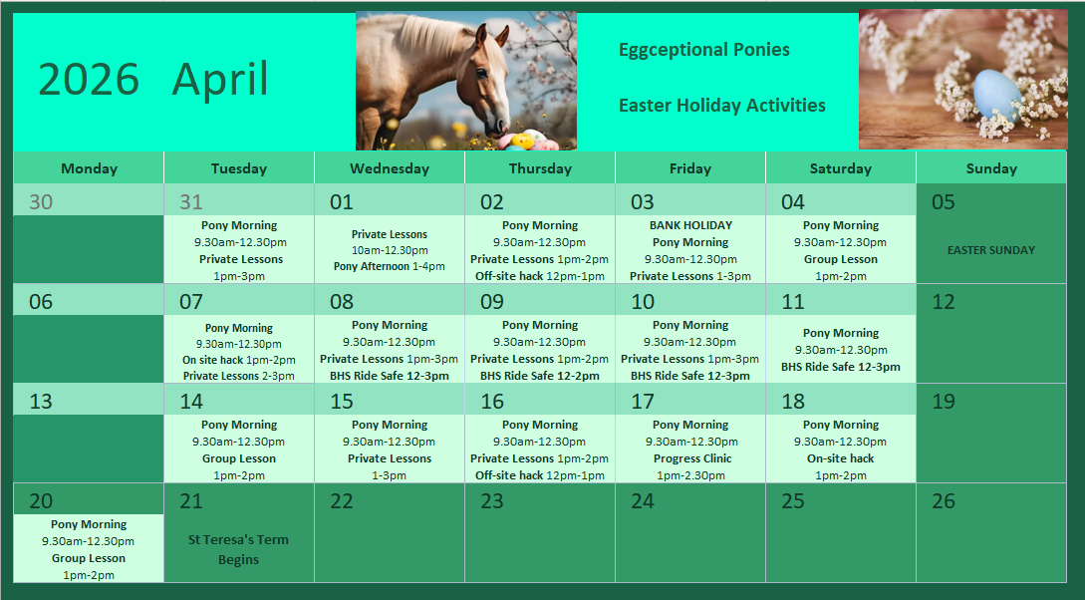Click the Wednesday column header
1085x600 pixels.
coord(390,168)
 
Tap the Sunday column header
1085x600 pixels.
coord(991,168)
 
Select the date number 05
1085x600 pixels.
coord(944,202)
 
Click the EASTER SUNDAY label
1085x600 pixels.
coord(991,250)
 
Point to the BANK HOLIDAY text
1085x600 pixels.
coord(690,225)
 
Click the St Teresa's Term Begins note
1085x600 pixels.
coord(239,549)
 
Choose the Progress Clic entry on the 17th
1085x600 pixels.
coord(692,458)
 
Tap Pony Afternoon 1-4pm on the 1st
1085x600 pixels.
coord(389,266)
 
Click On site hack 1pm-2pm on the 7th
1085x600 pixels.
coord(239,360)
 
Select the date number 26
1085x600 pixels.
coord(944,501)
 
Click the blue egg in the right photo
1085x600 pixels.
coord(997,95)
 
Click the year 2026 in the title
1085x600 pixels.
coord(89,79)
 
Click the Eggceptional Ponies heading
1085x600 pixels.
coord(703,51)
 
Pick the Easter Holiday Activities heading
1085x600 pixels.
coord(721,106)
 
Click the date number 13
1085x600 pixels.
coord(41,402)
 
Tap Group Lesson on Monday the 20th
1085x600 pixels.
coord(89,558)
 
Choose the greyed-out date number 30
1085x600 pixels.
coord(41,202)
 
